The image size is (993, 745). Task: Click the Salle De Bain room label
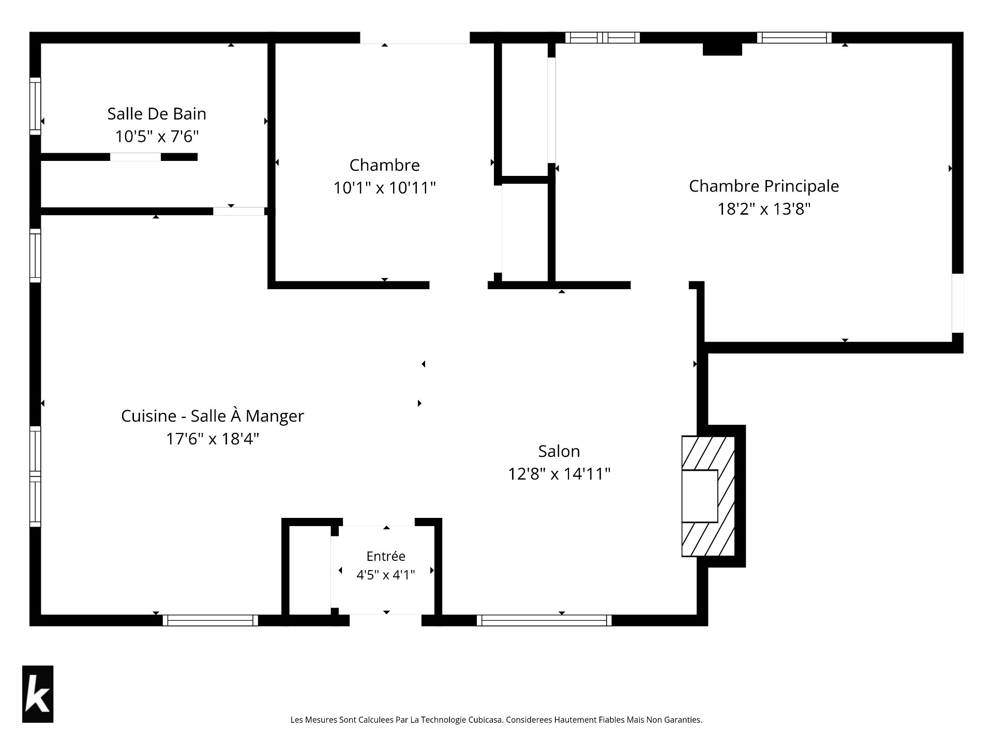click(x=157, y=114)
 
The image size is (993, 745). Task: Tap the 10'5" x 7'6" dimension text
click(x=157, y=137)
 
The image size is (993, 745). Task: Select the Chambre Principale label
click(x=764, y=186)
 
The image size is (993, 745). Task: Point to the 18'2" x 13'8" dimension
click(x=764, y=209)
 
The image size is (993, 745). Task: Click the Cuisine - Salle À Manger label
click(x=213, y=416)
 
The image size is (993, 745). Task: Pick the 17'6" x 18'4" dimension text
click(x=213, y=439)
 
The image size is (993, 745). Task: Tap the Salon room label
click(x=559, y=451)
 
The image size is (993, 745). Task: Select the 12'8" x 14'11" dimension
click(x=559, y=474)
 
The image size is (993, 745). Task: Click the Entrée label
click(x=386, y=556)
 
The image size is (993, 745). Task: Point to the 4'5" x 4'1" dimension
click(x=386, y=575)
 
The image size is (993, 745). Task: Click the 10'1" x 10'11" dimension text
click(x=385, y=188)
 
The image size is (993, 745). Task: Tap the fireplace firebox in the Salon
click(x=700, y=496)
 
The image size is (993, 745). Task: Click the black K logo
click(x=38, y=694)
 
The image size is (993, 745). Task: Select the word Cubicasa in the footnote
click(x=485, y=720)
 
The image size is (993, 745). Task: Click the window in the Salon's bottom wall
click(x=544, y=620)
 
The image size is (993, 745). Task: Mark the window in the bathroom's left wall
click(x=35, y=106)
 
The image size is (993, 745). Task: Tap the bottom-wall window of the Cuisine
click(x=210, y=620)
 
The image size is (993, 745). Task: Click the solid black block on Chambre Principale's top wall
click(x=723, y=49)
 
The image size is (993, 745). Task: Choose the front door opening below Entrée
click(x=386, y=620)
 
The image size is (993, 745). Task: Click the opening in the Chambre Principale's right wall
click(x=958, y=303)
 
